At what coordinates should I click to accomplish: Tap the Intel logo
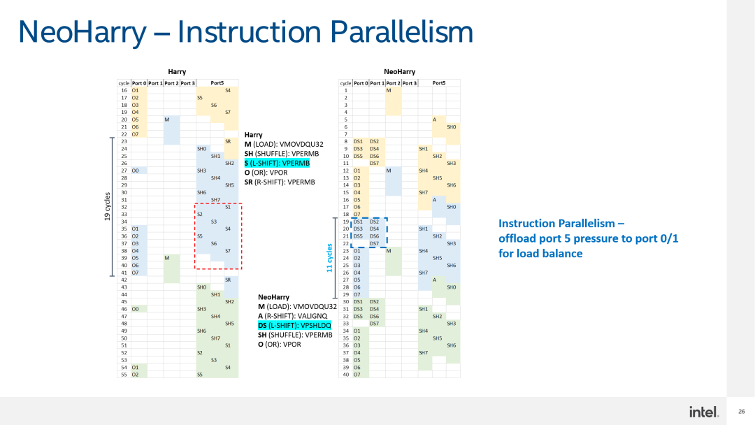click(x=703, y=412)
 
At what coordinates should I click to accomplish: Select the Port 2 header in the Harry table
click(x=171, y=83)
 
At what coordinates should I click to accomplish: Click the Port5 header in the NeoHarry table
click(x=439, y=83)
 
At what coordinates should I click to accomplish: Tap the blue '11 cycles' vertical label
click(x=330, y=258)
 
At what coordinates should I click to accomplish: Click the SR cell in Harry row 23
click(x=228, y=141)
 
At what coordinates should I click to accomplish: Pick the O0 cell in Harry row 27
click(x=136, y=171)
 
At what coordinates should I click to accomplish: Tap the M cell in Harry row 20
click(x=166, y=120)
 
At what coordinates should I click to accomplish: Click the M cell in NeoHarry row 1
click(x=389, y=90)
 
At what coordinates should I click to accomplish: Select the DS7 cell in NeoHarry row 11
click(x=374, y=163)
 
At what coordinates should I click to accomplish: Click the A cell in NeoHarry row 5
click(x=434, y=120)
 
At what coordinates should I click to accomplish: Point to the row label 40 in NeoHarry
click(x=345, y=374)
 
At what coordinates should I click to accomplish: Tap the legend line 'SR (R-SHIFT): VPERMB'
click(x=280, y=182)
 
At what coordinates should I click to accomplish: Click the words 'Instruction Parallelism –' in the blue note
click(x=561, y=223)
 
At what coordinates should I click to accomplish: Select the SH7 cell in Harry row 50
click(x=216, y=338)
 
